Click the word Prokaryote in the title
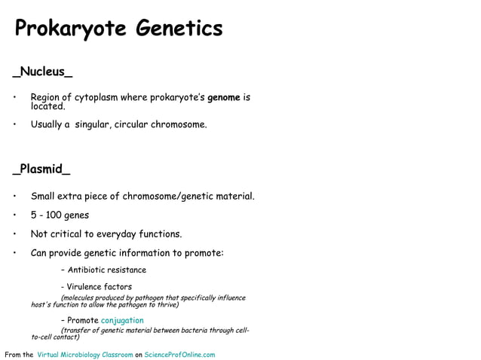(71, 29)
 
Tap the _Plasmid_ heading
(41, 169)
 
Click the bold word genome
(224, 97)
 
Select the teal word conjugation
(122, 320)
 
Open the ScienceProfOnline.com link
(179, 355)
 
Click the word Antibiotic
(89, 270)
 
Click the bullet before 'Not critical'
(14, 233)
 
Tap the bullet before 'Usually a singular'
(14, 124)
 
